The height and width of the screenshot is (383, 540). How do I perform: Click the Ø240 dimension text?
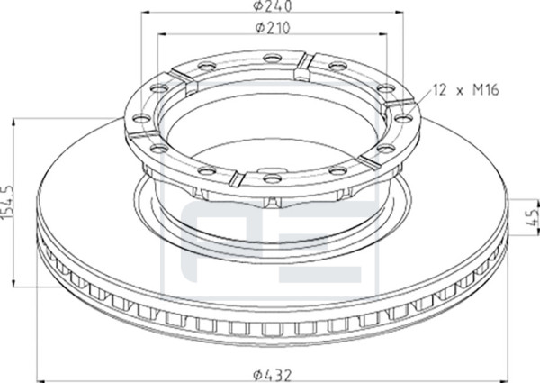click(x=273, y=6)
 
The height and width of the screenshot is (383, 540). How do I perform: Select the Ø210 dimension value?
click(x=273, y=28)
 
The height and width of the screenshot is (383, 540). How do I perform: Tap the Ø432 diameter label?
click(x=273, y=375)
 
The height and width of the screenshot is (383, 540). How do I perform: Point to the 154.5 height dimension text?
click(x=6, y=202)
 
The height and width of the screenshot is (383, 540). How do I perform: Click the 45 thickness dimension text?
click(x=533, y=217)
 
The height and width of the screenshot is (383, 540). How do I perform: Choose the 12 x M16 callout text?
click(x=466, y=90)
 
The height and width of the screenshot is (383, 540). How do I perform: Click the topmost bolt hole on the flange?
click(x=272, y=58)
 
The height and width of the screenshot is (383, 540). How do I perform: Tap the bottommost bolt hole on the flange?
click(x=272, y=178)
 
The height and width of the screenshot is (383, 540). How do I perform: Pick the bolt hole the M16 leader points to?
click(x=403, y=118)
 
